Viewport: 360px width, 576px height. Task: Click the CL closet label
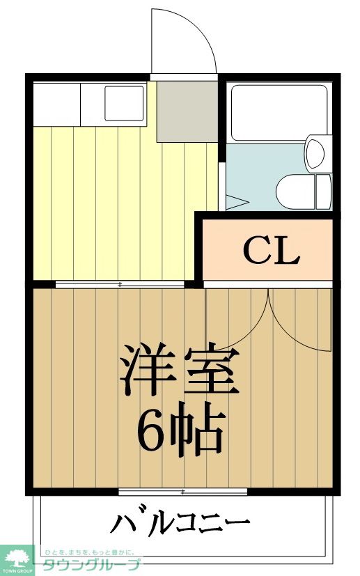coord(271,251)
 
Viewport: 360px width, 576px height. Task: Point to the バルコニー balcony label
coord(180,522)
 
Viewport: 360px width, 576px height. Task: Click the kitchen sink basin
coord(124,102)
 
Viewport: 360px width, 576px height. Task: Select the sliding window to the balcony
coord(182,492)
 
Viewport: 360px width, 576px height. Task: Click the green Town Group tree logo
coord(17,557)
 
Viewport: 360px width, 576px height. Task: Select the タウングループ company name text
coord(91,565)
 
